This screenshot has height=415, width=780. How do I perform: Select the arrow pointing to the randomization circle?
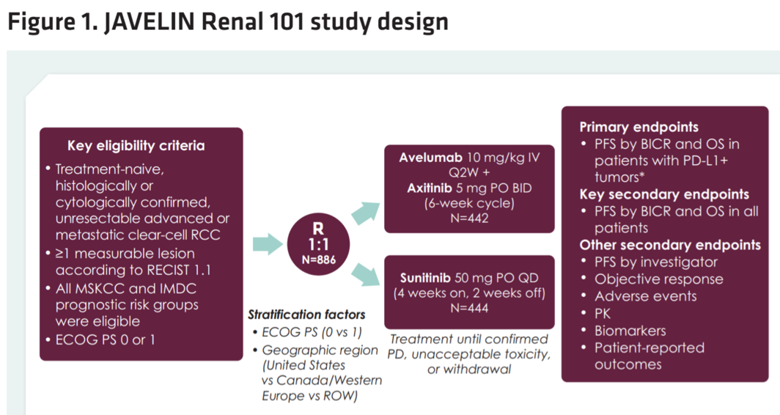coord(268,244)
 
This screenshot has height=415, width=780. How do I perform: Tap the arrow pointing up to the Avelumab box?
coord(366,212)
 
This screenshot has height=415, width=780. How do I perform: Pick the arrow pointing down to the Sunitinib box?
coord(366,276)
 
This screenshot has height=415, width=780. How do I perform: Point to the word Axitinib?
coord(432,188)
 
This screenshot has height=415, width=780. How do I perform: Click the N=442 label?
coord(469,218)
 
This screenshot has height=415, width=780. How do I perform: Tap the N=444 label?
coord(469,309)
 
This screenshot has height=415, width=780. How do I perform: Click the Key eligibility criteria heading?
coord(136,146)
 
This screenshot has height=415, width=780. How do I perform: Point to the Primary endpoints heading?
coord(639,127)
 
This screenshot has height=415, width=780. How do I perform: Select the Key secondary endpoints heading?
coord(664,194)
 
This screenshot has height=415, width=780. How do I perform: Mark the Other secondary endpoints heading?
coord(670,245)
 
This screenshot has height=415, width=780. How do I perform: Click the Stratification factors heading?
coord(306,315)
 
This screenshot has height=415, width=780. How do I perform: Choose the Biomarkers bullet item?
coord(630,330)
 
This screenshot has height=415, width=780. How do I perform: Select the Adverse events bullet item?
coord(645,296)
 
